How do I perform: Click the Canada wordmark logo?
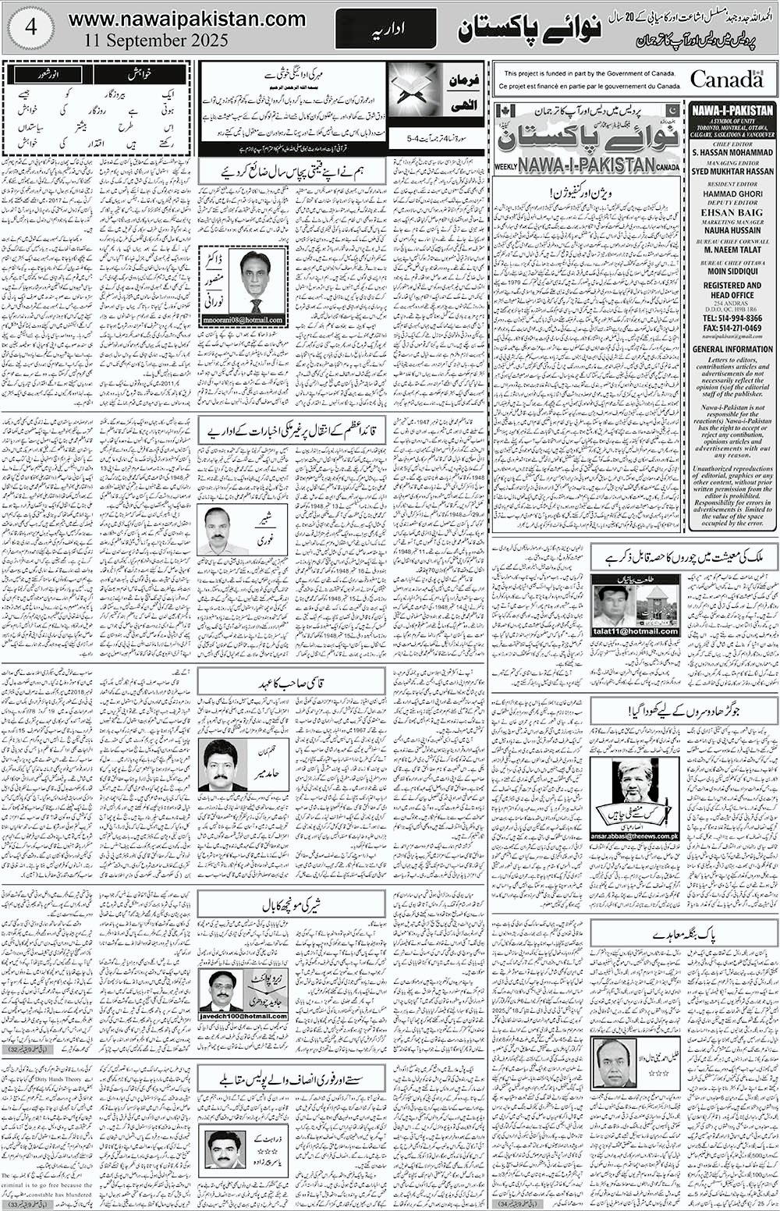pos(726,78)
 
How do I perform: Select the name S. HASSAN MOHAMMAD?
pos(732,154)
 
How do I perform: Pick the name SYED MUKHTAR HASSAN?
pos(732,171)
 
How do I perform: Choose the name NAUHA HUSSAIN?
pos(732,229)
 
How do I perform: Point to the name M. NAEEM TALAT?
pos(732,250)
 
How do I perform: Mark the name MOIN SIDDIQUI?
pos(732,272)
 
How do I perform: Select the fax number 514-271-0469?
pos(737,329)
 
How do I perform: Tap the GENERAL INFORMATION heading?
pos(732,349)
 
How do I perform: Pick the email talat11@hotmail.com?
pos(635,631)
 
